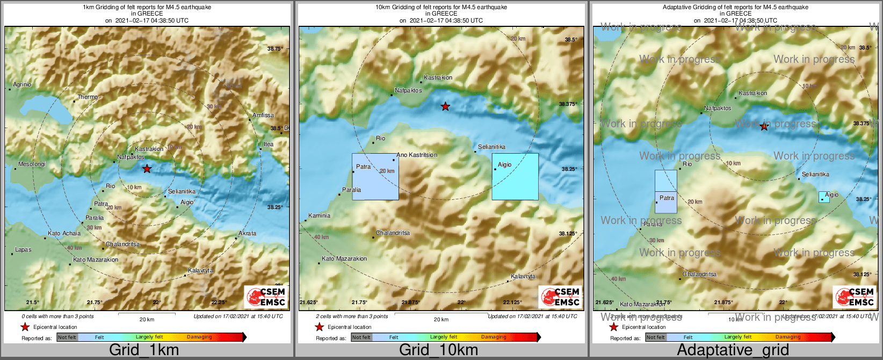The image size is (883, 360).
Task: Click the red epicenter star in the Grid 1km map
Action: point(147,169)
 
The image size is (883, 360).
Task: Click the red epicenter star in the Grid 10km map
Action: point(445,106)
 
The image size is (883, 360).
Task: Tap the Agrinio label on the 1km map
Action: point(22,84)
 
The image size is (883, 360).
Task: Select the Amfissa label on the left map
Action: point(263,115)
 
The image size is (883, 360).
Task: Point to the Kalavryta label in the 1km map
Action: point(200,270)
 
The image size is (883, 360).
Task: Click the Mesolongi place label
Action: point(32,164)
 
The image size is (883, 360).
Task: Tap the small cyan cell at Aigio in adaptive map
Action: point(824,197)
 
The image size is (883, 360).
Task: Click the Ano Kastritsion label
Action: point(417,155)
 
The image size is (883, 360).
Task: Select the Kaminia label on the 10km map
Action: point(319,215)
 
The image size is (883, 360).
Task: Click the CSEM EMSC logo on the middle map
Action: point(560,297)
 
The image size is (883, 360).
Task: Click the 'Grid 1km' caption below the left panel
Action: point(144,350)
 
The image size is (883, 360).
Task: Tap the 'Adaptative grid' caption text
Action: point(733,350)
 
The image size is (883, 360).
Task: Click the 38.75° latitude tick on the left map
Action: point(275,48)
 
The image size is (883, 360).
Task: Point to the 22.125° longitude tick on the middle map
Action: point(512,302)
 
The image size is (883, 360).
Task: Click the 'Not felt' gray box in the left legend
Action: point(67,337)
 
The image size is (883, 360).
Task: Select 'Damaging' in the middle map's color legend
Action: point(494,337)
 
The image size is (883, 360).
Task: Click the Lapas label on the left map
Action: point(23,249)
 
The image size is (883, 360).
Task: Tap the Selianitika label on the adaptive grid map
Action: point(815,174)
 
